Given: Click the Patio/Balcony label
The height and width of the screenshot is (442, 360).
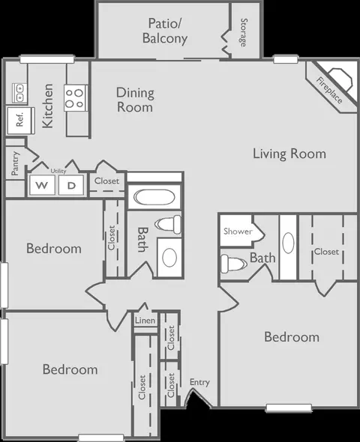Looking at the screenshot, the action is (x=165, y=31).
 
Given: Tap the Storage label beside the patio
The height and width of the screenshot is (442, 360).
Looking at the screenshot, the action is (x=243, y=32).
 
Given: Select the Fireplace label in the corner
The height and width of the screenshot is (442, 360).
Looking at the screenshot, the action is (x=329, y=90).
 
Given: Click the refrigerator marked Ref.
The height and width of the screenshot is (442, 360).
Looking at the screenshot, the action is (x=21, y=121).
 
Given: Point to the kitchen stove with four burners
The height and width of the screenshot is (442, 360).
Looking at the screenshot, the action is (x=75, y=98).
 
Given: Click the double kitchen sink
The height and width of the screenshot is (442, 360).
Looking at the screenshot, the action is (x=19, y=93).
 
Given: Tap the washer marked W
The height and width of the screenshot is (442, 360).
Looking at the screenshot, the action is (x=42, y=185).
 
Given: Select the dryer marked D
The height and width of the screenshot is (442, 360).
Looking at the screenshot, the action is (x=71, y=185).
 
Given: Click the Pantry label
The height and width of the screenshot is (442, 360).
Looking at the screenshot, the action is (x=15, y=163).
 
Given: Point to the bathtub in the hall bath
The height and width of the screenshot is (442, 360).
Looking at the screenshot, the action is (x=154, y=197).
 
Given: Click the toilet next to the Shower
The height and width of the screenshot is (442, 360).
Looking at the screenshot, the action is (x=232, y=264).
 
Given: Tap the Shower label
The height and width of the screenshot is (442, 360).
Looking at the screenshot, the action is (x=238, y=231).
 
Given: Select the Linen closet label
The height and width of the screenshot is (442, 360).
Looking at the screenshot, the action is (x=145, y=321).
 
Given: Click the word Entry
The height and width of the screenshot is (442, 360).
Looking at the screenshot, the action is (x=199, y=383).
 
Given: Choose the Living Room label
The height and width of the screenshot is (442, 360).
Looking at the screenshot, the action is (x=289, y=154).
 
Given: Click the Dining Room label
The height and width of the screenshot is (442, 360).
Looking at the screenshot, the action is (x=135, y=100).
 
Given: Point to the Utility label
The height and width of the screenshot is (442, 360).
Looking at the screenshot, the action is (x=58, y=171).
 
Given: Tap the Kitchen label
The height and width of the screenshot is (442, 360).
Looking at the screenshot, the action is (x=48, y=106).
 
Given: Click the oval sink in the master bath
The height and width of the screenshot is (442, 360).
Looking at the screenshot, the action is (x=288, y=243).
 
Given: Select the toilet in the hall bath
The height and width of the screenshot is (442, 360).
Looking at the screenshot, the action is (x=168, y=225).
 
